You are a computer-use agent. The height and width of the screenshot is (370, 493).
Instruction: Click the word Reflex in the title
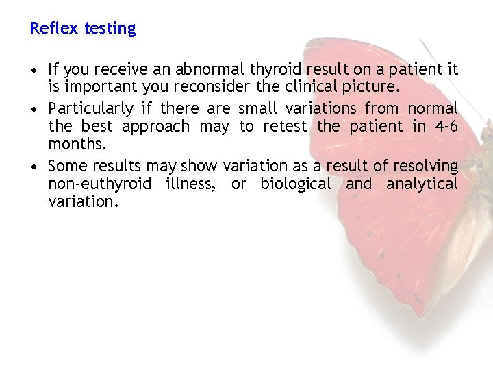point(55,29)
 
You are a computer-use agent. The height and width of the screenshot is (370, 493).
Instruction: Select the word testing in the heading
point(110,29)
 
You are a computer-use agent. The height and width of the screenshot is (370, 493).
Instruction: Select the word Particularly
point(91,109)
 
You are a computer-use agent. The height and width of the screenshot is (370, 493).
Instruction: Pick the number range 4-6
point(445,127)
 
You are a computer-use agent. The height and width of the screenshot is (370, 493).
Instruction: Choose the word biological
point(295,184)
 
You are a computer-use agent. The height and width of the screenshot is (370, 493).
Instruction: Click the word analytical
point(422,184)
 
